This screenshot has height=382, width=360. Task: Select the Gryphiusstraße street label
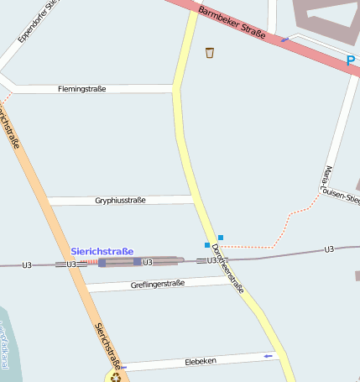tap(121, 201)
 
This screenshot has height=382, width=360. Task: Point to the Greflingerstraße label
tap(158, 284)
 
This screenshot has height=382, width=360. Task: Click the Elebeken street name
tap(201, 361)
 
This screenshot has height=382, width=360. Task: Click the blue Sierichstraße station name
tap(102, 250)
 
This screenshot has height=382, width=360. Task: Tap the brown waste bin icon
tap(210, 53)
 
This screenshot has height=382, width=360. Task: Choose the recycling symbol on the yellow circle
tap(115, 376)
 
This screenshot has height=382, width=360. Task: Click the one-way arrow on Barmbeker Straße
tap(285, 39)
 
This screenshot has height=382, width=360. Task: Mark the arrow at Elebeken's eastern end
tap(269, 356)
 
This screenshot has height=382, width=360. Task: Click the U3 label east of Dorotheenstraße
tap(328, 249)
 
